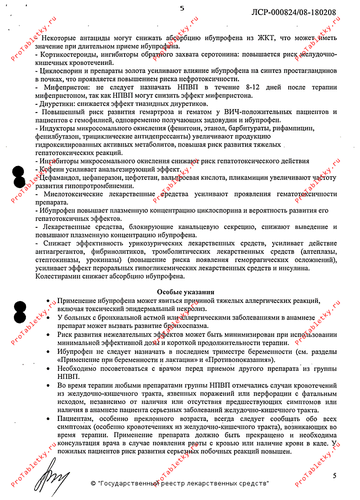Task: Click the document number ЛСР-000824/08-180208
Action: coord(293,11)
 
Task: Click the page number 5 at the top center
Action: coord(181,8)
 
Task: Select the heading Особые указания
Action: coord(185,292)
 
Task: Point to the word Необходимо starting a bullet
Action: coord(79,369)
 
